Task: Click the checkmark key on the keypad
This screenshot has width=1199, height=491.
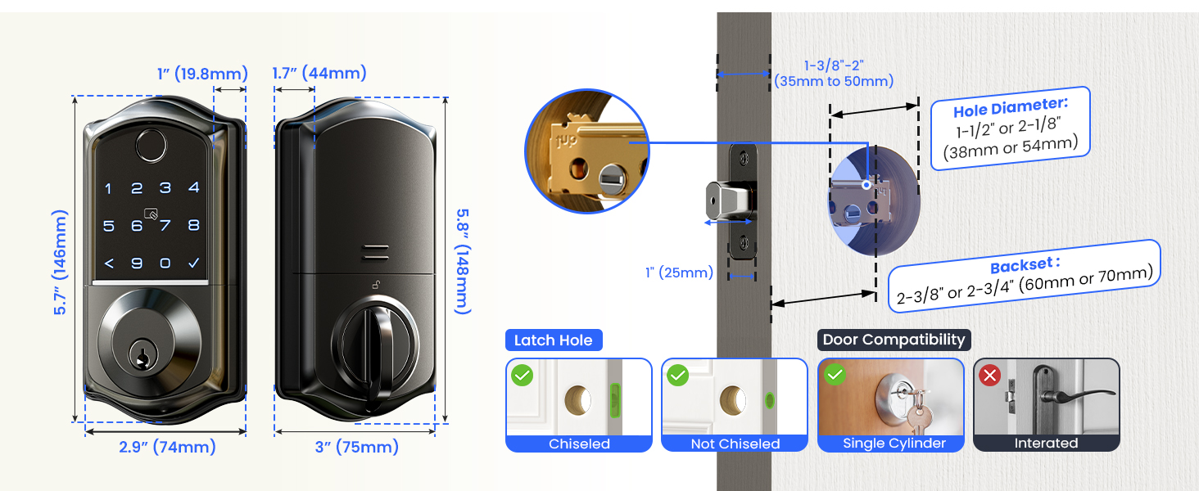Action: [x=193, y=264]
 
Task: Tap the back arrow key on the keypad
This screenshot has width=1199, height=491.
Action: [x=108, y=264]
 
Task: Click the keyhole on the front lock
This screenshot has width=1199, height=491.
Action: [x=142, y=358]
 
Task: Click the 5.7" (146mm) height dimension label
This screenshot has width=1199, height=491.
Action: [x=61, y=262]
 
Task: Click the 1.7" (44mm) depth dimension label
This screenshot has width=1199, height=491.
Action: [x=319, y=73]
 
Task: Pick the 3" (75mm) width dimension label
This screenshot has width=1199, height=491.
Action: [x=357, y=447]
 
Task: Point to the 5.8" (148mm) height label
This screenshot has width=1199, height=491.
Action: [x=463, y=260]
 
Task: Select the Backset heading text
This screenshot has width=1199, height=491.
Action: [x=1025, y=265]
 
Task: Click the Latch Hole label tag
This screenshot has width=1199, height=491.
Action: [x=553, y=340]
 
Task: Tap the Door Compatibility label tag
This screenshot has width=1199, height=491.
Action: [x=894, y=340]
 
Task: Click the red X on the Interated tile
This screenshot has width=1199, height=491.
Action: [x=990, y=376]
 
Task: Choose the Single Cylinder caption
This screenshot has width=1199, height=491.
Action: [x=894, y=444]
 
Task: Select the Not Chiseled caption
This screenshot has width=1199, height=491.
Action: [x=735, y=444]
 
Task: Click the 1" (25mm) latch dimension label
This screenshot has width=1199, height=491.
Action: [x=679, y=273]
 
